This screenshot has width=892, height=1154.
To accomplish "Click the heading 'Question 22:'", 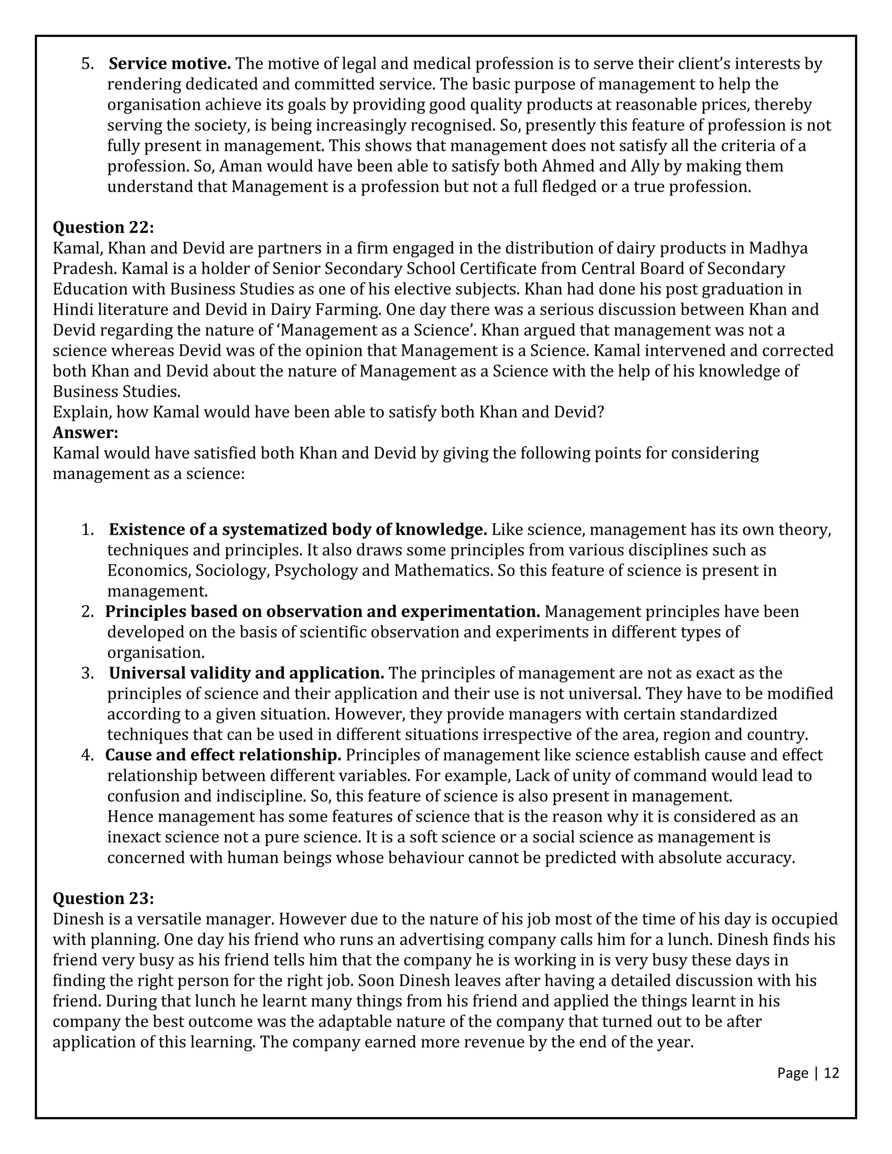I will tap(103, 227).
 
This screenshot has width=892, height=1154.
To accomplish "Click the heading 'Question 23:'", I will tap(103, 898).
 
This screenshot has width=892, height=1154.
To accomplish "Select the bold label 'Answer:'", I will tap(86, 432).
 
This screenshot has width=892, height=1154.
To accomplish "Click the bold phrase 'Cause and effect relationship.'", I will tap(223, 755).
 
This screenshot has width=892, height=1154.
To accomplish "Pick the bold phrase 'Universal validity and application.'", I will tap(246, 673).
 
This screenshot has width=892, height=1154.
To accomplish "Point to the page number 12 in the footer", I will tap(831, 1073).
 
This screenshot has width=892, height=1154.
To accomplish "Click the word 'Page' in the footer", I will tap(793, 1073).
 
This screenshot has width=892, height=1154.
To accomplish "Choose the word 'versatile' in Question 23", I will tap(169, 919).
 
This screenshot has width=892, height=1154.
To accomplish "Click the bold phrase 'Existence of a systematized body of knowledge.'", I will tap(298, 530).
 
